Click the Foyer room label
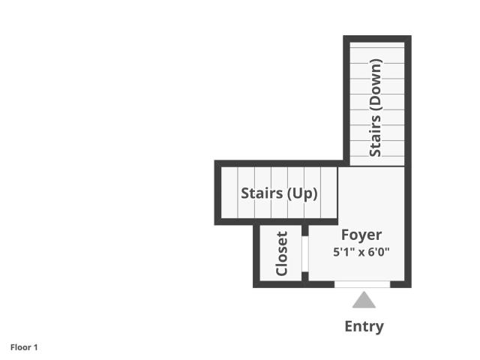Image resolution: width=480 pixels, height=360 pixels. click(361, 235)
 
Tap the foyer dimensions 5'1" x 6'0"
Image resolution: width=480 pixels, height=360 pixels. click(361, 252)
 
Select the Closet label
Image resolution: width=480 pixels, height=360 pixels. click(282, 253)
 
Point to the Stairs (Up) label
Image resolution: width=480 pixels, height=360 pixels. click(279, 193)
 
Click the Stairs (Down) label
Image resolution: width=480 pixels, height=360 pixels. click(376, 108)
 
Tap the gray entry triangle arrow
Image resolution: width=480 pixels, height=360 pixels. click(364, 300)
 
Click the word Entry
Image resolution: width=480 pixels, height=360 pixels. click(364, 327)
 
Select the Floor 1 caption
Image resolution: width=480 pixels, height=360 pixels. click(24, 347)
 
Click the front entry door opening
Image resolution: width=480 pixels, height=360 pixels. click(362, 284)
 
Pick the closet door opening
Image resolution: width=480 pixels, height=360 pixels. click(305, 253)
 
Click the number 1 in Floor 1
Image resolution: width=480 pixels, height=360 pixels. click(35, 347)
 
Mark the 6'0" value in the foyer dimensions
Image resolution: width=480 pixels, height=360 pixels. click(379, 252)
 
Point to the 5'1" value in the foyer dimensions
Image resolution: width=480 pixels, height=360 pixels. click(344, 252)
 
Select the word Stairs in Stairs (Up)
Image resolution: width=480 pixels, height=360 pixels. click(262, 193)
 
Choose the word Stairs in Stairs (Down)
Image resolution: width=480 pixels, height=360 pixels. click(375, 136)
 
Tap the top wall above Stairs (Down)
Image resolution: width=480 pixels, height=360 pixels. click(377, 39)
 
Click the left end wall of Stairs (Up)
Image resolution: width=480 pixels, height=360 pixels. click(217, 193)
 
